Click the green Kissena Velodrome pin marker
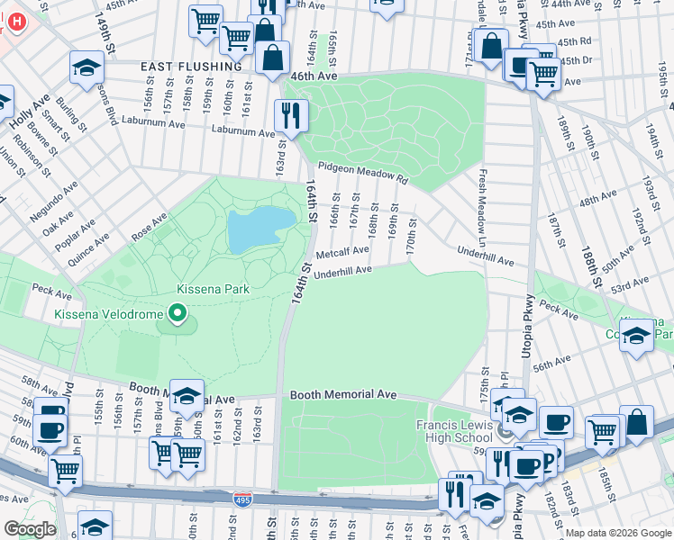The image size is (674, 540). point(178,314)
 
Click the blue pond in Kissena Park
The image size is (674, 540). point(259,230)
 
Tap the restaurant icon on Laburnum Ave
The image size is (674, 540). point(291,114)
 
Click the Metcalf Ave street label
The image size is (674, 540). point(342,253)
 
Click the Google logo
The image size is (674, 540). point(29,529)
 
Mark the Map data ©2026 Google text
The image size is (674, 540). point(617,533)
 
